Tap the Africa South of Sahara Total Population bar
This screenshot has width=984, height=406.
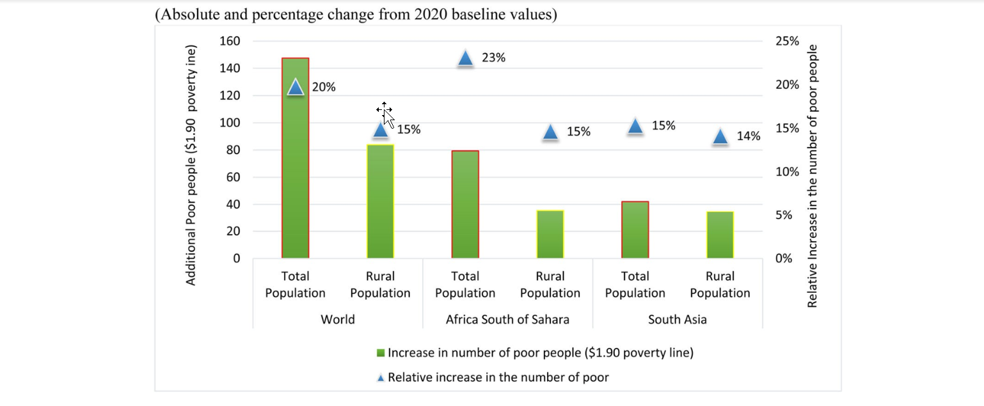[465, 205]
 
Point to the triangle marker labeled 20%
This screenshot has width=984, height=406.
[296, 88]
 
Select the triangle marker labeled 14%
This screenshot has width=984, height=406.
[720, 137]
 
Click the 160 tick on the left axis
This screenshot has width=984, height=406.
[230, 41]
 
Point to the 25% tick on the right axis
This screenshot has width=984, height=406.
[787, 41]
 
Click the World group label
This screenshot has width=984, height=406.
[337, 319]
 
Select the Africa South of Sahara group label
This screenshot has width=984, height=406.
[507, 319]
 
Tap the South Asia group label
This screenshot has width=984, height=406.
[677, 319]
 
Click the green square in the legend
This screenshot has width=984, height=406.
[381, 353]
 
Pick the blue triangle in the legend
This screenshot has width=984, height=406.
[381, 378]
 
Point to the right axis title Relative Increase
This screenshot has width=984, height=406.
[813, 176]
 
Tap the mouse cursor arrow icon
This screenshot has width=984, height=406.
[386, 116]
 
